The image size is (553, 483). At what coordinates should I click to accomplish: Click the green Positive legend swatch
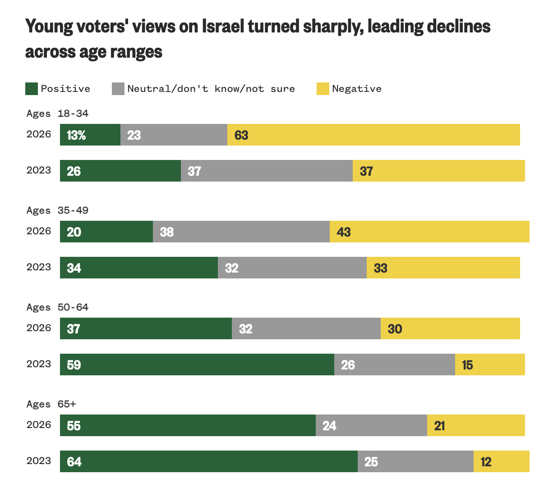[x=31, y=89]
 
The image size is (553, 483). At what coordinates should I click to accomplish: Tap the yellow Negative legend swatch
[x=323, y=89]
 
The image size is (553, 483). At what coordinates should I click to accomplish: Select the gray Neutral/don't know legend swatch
[x=118, y=89]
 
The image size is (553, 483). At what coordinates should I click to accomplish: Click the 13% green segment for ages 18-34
[x=90, y=135]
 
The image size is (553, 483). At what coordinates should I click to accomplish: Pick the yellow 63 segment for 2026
[x=373, y=135]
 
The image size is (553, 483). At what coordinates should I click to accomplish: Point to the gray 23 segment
[x=174, y=135]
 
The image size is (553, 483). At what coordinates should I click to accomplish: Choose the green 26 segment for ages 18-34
[x=120, y=171]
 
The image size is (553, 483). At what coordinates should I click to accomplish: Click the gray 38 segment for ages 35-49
[x=241, y=232]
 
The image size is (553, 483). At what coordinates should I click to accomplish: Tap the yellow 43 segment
[x=429, y=232]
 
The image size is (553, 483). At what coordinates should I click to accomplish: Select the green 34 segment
[x=139, y=268]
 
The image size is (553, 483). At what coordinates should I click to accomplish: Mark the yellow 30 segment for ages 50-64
[x=450, y=328]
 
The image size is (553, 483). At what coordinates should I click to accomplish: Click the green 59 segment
[x=197, y=365]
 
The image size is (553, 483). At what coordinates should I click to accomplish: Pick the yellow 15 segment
[x=490, y=365]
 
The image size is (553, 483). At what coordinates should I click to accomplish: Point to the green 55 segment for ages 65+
[x=188, y=425]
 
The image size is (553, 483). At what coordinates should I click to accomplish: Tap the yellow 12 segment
[x=501, y=461]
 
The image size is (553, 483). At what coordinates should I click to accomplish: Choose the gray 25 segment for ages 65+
[x=415, y=461]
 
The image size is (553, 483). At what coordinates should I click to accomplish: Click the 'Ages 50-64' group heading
[x=57, y=307]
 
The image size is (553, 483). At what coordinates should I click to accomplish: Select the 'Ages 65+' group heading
[x=51, y=404]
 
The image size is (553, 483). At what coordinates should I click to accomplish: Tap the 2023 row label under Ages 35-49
[x=39, y=267]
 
